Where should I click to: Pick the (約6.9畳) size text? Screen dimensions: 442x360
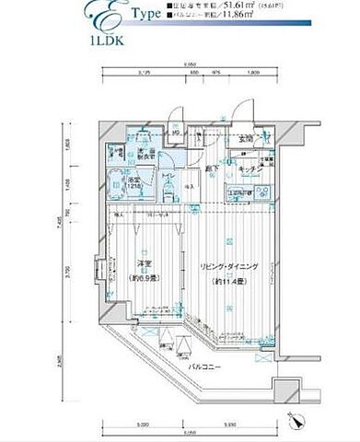(141, 276)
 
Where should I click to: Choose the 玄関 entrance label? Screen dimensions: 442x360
(246, 140)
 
